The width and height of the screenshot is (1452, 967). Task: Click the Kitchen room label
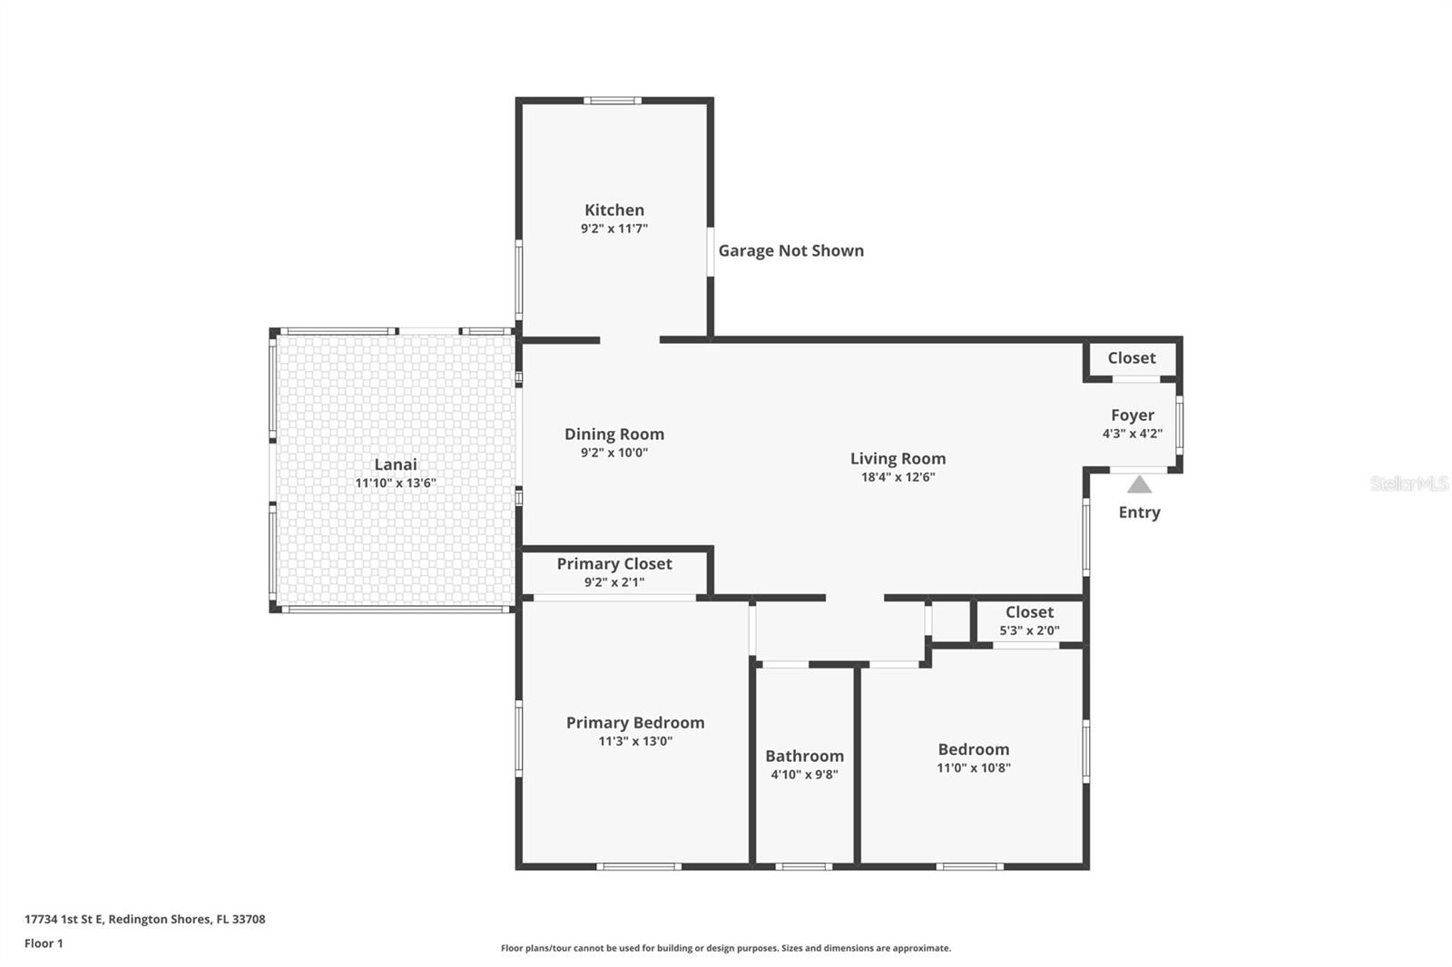(x=614, y=210)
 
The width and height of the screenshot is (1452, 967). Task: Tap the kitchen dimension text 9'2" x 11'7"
(x=614, y=229)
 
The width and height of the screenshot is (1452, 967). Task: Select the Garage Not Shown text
(x=790, y=251)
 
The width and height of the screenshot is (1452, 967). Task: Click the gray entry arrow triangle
(x=1139, y=485)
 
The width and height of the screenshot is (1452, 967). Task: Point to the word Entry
(x=1139, y=513)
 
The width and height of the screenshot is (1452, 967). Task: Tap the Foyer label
(x=1132, y=415)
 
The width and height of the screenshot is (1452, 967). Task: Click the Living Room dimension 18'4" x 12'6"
(x=898, y=477)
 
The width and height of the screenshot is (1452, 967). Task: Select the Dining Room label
(x=614, y=435)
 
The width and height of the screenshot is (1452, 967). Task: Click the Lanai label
(x=396, y=464)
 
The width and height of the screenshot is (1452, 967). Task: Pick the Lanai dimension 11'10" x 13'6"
(x=396, y=483)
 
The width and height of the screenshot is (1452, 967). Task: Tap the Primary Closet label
(x=614, y=564)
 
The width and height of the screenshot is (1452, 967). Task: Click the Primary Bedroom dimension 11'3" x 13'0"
(x=635, y=741)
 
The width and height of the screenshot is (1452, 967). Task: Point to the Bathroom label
(x=804, y=757)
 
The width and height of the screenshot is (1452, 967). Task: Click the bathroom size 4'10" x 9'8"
(x=804, y=775)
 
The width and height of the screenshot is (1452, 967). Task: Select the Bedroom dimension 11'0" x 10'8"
(x=974, y=767)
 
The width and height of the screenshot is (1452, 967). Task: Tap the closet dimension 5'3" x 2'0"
(x=1029, y=630)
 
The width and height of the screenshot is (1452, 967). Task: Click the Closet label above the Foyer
(x=1132, y=358)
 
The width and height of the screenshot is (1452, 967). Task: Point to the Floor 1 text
(x=44, y=943)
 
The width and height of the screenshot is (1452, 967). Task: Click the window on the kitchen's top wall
(x=612, y=101)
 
